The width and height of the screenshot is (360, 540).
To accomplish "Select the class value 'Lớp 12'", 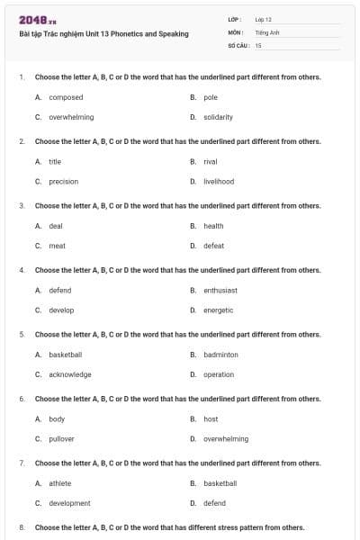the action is point(263,19).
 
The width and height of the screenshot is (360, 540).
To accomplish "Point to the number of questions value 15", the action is point(258,44).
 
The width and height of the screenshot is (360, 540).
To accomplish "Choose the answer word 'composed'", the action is point(66,97).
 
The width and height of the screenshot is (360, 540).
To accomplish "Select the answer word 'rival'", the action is point(211,162).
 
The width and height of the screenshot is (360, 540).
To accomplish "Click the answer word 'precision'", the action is point(63,181).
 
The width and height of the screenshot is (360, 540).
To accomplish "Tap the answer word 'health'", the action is point(213,226).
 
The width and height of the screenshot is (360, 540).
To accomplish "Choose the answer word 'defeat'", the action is point(213,246).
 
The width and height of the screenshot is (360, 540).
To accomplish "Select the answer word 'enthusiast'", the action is point(220,291).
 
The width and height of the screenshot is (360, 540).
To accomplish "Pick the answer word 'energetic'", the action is point(219,310).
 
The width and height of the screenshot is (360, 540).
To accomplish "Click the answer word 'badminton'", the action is point(220,355).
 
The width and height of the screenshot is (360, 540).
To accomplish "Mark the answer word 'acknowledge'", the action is point(70,374).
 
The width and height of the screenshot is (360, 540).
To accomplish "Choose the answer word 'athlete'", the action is point(60,483).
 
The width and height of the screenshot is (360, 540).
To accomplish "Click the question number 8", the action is point(21,527).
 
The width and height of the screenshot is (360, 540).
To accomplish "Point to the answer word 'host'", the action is point(211,419).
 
